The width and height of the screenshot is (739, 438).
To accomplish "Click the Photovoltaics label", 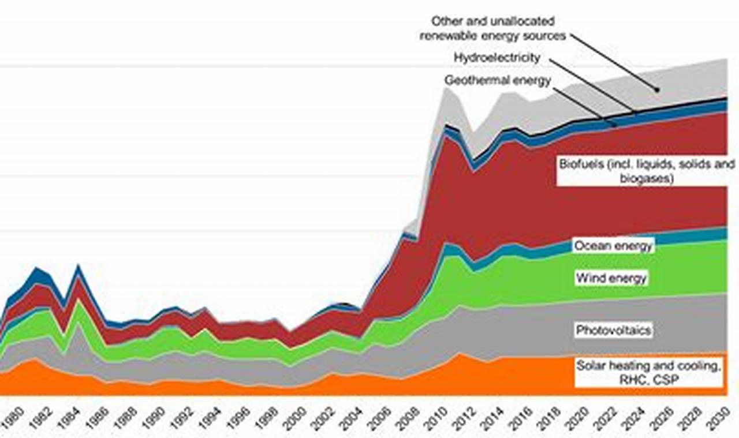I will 613,330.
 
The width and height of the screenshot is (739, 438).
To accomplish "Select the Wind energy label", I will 611,279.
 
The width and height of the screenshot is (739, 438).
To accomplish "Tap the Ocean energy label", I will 613,246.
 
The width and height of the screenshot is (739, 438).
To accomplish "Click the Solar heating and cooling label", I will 649,365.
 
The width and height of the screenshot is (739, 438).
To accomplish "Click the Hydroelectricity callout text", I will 497,58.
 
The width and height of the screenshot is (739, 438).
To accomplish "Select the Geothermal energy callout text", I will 497,81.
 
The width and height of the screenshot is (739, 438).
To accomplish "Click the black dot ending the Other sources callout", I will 656,89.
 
